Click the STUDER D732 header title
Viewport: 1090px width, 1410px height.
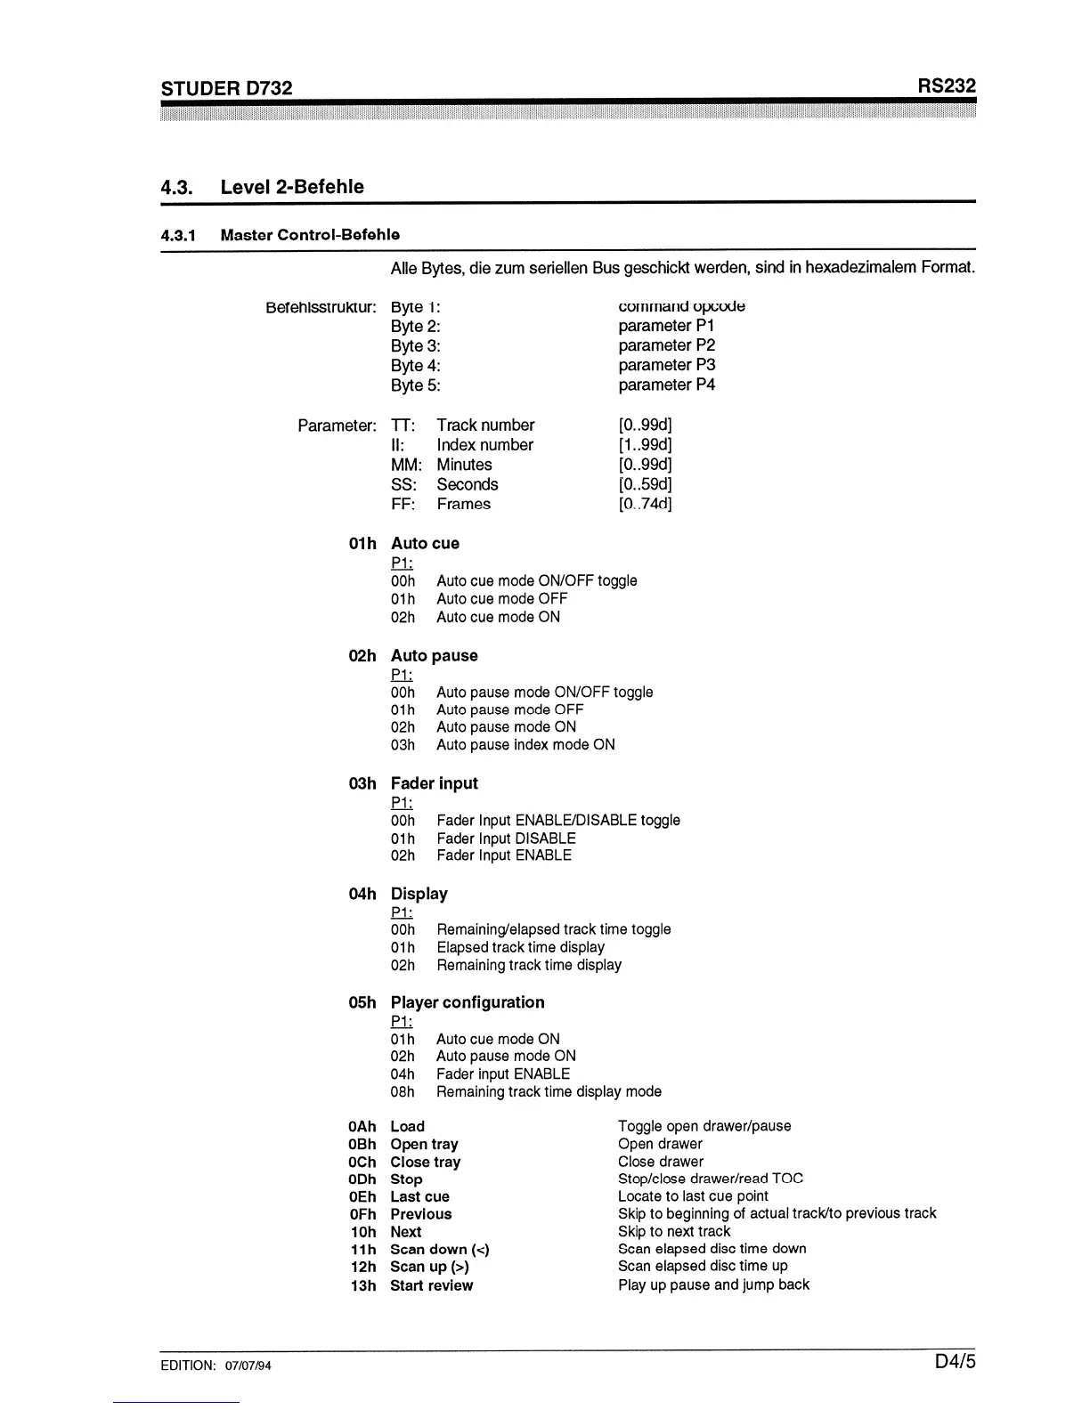point(226,87)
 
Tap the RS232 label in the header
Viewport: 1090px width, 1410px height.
point(947,85)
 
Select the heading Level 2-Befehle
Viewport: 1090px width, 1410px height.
point(292,187)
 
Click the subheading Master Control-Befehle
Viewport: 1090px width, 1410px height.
point(310,235)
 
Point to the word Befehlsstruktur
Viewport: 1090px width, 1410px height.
point(321,307)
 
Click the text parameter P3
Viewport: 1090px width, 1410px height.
point(666,365)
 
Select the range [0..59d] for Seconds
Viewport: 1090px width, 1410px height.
point(645,484)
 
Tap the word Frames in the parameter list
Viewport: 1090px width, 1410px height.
point(463,504)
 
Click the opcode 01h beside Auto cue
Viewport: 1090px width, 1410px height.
point(362,543)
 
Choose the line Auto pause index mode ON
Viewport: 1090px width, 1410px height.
point(525,744)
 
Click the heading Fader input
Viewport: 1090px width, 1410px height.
point(434,783)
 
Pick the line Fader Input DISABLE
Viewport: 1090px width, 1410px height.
point(506,839)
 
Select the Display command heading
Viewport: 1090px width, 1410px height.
point(419,894)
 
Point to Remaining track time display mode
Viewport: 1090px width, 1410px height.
point(549,1091)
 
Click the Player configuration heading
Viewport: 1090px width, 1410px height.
point(467,1002)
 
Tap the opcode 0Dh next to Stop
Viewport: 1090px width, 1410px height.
point(362,1179)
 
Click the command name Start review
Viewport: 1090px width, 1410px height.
point(431,1285)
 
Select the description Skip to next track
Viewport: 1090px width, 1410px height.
point(674,1231)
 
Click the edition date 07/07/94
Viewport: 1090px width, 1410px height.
point(248,1366)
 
